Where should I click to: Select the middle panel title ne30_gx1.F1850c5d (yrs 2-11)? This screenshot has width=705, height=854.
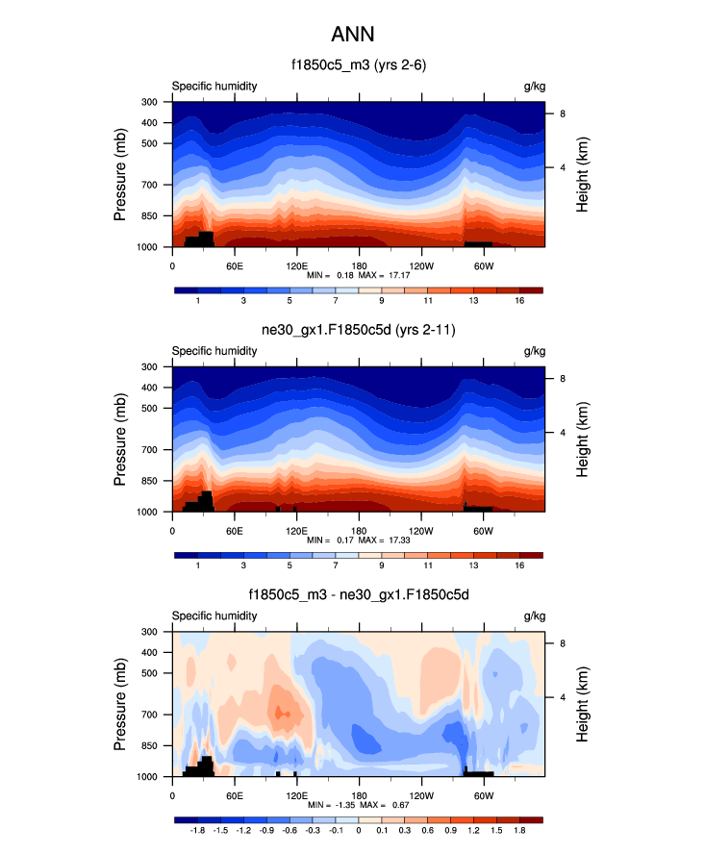pyautogui.click(x=359, y=331)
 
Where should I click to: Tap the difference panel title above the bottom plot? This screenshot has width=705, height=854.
pyautogui.click(x=359, y=596)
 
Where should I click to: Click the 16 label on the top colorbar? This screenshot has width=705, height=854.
pyautogui.click(x=519, y=301)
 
